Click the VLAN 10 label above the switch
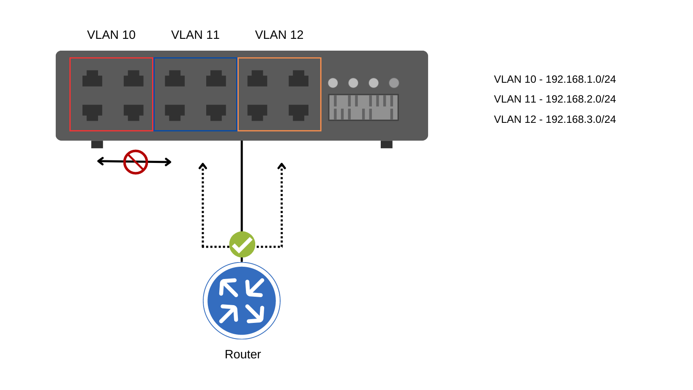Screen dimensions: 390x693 (111, 35)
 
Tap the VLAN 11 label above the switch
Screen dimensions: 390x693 (195, 35)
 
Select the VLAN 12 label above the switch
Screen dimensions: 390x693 (279, 35)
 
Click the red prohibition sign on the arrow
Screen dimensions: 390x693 (135, 162)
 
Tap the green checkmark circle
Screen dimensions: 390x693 (242, 244)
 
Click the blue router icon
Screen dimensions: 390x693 (242, 301)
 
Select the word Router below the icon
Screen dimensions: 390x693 (243, 355)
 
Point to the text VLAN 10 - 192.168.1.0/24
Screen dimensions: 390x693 (554, 79)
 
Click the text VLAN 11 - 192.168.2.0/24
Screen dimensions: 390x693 (554, 99)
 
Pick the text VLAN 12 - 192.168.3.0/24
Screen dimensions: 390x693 (554, 119)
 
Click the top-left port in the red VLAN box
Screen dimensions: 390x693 (92, 79)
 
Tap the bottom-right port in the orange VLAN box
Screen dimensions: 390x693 (298, 112)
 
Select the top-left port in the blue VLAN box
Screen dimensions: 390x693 (175, 79)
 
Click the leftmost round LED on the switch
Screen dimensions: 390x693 (333, 83)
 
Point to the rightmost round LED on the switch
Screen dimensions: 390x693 (394, 83)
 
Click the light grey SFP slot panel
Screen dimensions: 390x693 (363, 107)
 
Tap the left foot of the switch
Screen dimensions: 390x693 (97, 144)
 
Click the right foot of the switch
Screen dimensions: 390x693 (386, 144)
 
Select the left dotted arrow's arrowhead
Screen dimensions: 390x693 (203, 166)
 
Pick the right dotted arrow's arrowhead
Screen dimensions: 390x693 (282, 166)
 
